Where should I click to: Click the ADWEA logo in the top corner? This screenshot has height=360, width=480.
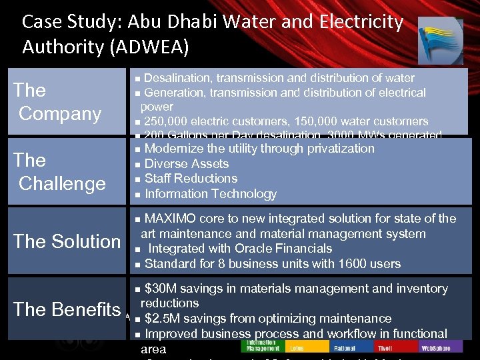440,40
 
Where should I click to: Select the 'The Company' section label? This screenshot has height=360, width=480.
60,101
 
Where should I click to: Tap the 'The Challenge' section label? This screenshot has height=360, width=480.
62,171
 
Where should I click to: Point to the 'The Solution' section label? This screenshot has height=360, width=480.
67,241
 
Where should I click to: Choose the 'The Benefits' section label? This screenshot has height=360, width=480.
67,309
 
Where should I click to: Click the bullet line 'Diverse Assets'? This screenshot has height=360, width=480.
186,164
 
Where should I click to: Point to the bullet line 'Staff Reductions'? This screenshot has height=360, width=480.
191,179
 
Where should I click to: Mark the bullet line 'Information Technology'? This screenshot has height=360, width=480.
210,194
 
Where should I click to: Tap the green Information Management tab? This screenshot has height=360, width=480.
263,347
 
